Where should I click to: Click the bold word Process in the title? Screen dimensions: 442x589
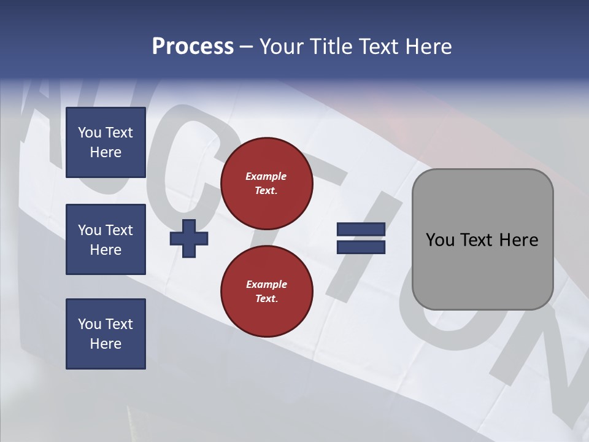(193, 47)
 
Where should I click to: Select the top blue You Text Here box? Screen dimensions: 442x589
(106, 142)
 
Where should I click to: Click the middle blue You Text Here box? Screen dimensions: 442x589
(106, 239)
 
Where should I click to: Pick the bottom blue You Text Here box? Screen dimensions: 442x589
(106, 334)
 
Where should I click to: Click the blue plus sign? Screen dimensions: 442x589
(189, 238)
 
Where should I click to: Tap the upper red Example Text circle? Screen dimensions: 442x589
(266, 184)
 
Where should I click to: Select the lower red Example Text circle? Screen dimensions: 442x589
(266, 292)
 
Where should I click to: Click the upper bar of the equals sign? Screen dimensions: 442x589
(361, 230)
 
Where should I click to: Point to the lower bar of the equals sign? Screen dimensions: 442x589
(361, 247)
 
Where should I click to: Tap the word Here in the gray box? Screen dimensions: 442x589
(518, 240)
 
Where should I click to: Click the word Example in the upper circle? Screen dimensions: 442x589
(266, 176)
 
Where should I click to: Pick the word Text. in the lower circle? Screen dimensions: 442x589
(266, 299)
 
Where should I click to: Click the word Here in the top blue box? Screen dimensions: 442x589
(106, 152)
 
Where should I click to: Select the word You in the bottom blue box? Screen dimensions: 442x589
(90, 324)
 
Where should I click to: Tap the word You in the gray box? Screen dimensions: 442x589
(440, 240)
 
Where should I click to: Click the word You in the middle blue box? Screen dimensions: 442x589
(90, 230)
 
